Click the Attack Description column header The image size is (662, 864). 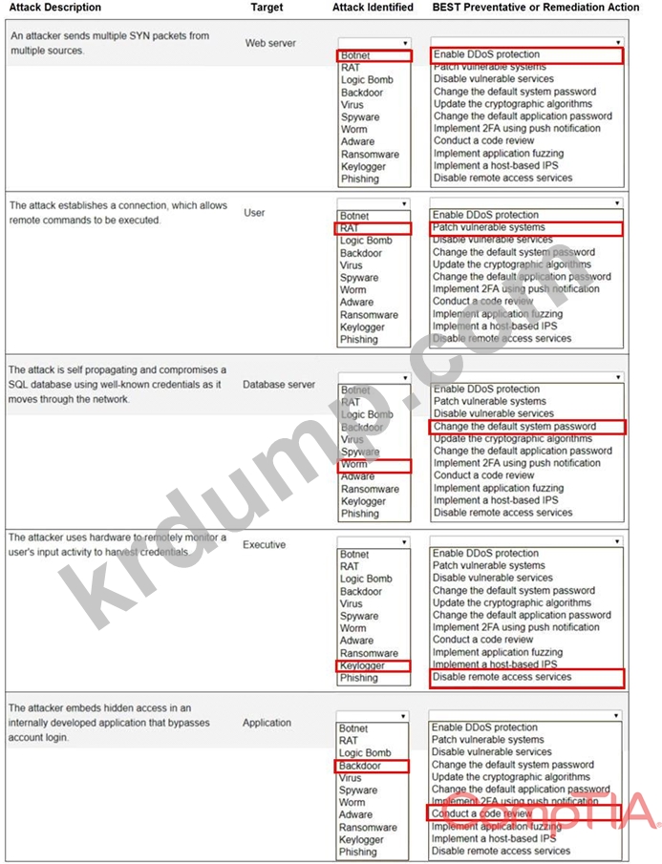coord(54,8)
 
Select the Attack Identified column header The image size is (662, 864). coord(373,8)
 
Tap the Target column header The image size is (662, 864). coord(267,8)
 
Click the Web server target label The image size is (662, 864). coord(270,43)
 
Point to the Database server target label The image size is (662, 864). coord(279,385)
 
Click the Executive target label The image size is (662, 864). coord(264,545)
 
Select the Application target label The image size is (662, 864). coord(267,723)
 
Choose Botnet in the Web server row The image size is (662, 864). coord(355,56)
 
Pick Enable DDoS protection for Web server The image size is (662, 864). coord(486,55)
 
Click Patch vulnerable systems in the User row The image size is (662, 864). coord(488,228)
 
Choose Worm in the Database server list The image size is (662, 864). coord(353,465)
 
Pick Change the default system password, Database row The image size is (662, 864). coord(514,427)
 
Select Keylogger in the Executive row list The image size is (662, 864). coord(362,665)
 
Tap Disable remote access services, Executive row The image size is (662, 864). coord(502,677)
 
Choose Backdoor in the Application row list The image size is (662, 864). coord(361,766)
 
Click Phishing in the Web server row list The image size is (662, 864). coord(359,179)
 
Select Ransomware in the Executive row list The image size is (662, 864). coord(370,653)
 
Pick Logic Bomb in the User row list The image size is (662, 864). coord(366,241)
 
